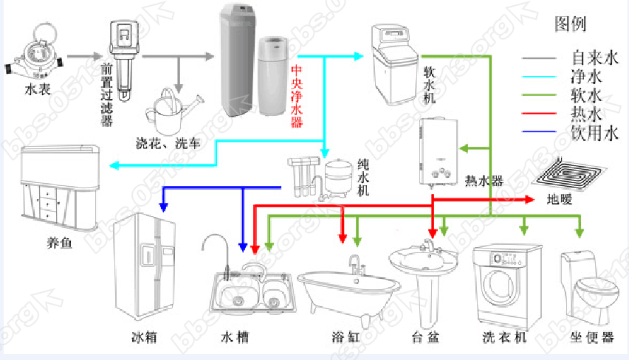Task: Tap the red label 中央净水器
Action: (x=296, y=96)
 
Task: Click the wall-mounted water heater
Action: (x=441, y=150)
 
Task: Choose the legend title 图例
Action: (x=570, y=25)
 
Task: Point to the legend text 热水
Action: (x=587, y=114)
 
